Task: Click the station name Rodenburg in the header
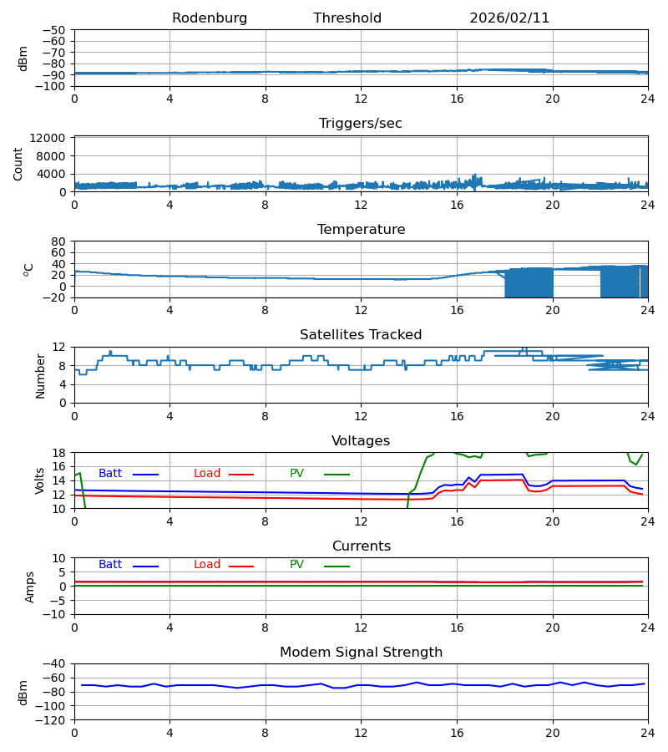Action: point(210,18)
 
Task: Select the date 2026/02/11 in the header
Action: point(509,18)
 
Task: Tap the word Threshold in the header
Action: point(347,18)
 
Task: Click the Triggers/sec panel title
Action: point(361,124)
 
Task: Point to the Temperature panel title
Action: point(361,230)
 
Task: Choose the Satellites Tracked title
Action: point(361,335)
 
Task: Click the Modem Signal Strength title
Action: point(361,653)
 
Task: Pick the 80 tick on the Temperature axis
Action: point(58,241)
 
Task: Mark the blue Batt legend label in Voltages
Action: point(110,474)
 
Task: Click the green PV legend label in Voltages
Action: point(296,474)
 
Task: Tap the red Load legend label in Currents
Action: point(207,565)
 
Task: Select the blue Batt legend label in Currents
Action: point(110,565)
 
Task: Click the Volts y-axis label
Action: point(40,480)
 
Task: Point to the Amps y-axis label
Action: point(30,587)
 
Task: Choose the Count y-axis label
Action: point(18,164)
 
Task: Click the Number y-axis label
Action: point(40,375)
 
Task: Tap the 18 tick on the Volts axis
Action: point(58,454)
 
